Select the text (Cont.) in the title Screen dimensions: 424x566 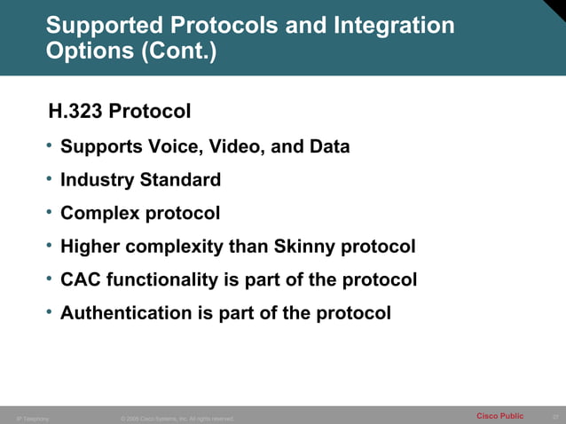click(177, 51)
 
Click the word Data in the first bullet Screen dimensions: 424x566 click(329, 146)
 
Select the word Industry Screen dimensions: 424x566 click(97, 180)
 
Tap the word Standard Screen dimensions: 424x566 click(179, 180)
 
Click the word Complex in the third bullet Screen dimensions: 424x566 click(97, 214)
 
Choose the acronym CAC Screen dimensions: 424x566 click(80, 280)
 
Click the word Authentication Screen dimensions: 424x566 click(124, 313)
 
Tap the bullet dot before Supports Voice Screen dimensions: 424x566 click(51, 145)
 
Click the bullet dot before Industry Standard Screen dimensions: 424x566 click(51, 179)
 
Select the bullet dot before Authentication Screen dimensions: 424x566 click(51, 312)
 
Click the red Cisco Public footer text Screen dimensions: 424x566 click(499, 416)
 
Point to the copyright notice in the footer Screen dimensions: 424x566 click(177, 419)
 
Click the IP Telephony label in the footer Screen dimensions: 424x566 click(34, 419)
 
